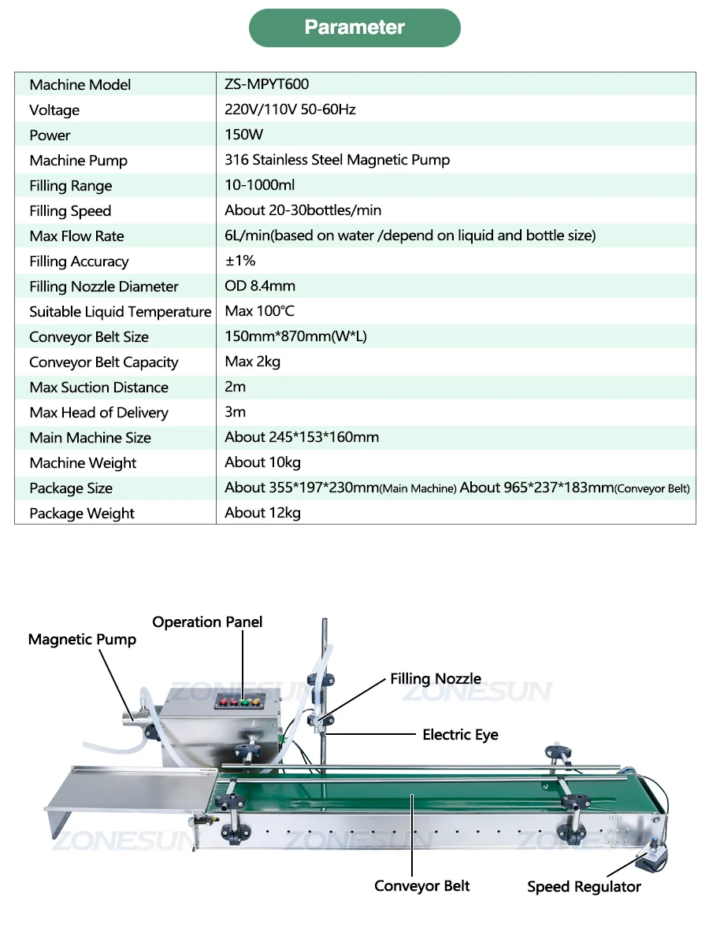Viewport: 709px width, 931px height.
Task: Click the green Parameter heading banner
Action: tap(354, 28)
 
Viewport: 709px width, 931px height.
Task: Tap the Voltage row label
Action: tap(54, 109)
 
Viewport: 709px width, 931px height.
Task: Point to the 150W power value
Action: tap(243, 135)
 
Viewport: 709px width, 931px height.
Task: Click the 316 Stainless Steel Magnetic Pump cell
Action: tap(337, 160)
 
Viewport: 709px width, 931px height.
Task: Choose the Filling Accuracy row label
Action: tap(79, 261)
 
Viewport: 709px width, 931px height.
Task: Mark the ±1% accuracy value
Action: tap(240, 261)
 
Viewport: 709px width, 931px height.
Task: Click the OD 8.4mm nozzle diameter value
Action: tap(260, 286)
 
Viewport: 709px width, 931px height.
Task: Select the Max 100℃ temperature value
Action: tap(259, 311)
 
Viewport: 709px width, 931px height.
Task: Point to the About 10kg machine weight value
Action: tap(262, 462)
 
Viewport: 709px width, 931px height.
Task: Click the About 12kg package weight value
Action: tap(262, 513)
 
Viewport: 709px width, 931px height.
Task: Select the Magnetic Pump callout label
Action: tap(82, 639)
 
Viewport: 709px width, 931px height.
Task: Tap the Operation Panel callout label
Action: tap(207, 621)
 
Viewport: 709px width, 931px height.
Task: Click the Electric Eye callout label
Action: tap(460, 734)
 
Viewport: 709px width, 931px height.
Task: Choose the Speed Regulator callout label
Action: tap(584, 887)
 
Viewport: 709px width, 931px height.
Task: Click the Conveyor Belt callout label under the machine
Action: tap(421, 885)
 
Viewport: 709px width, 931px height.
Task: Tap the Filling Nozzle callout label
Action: tap(435, 679)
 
